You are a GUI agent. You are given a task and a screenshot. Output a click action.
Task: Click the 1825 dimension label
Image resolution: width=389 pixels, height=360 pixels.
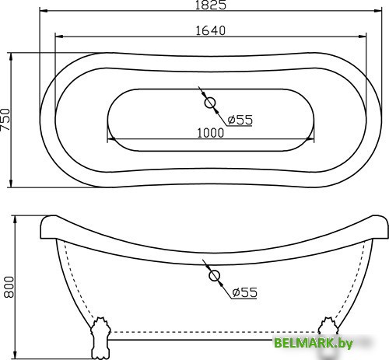coord(212,6)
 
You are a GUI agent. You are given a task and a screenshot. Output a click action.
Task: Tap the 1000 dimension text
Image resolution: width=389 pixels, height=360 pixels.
coord(211,132)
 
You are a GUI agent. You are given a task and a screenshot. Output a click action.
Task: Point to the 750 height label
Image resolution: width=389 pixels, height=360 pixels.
coord(6,120)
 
